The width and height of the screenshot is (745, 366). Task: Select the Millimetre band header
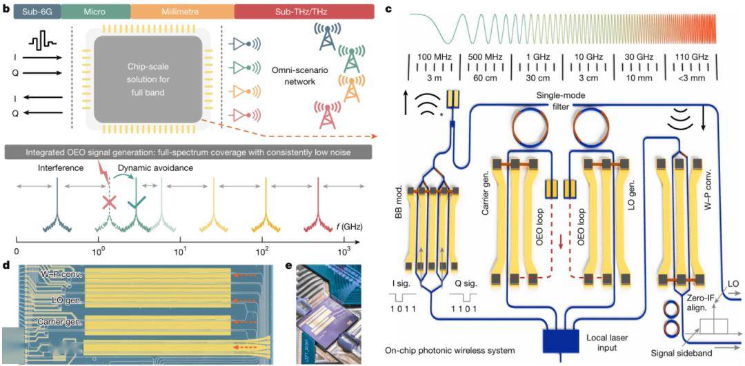(182, 10)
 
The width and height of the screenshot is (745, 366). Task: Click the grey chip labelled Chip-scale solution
(149, 79)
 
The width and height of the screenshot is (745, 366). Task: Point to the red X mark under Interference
(109, 202)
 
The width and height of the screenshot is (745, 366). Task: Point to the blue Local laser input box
(560, 340)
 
